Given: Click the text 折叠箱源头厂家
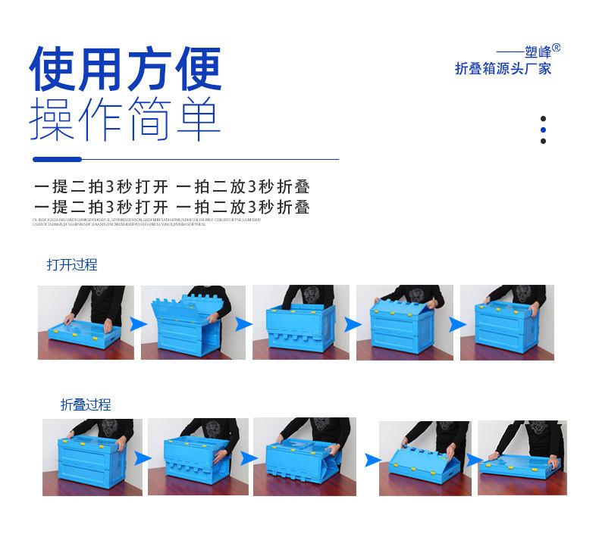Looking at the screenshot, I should point(503,69).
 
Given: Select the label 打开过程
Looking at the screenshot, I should point(72,264).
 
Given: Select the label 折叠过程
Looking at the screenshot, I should point(86,404).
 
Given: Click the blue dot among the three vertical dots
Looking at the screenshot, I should point(543,130).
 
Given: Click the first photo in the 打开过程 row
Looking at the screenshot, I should point(86,322).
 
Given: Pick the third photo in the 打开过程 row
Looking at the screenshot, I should point(300,322).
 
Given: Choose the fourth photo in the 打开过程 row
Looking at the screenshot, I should point(404,322).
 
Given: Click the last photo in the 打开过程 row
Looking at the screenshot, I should point(506,322).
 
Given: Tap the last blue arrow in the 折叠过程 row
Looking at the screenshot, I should point(472,459).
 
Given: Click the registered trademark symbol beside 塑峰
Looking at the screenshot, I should point(556,48).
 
